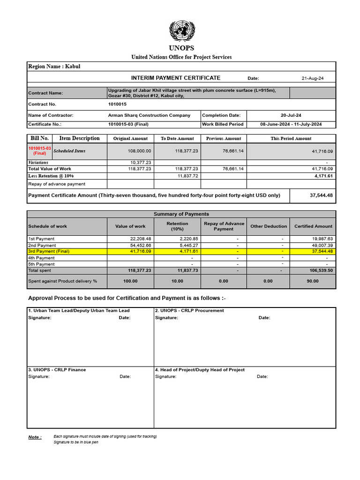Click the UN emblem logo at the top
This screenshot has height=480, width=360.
181,31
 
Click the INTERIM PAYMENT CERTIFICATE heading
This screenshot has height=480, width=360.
175,78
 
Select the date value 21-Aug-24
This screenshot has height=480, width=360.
313,78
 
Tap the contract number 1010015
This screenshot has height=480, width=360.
117,104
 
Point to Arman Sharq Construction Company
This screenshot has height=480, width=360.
149,115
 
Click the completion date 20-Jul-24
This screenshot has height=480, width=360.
291,115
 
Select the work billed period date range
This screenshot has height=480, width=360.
291,124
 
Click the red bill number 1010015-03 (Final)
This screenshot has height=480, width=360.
40,150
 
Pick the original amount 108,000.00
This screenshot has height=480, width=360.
139,151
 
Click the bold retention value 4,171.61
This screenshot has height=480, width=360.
323,176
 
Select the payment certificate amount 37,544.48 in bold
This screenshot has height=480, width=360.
321,195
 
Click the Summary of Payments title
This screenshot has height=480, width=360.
181,214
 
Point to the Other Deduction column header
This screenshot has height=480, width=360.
269,226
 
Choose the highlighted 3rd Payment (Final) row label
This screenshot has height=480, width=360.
49,251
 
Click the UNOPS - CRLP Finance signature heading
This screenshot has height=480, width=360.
57,370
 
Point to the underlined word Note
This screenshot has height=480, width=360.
35,437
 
